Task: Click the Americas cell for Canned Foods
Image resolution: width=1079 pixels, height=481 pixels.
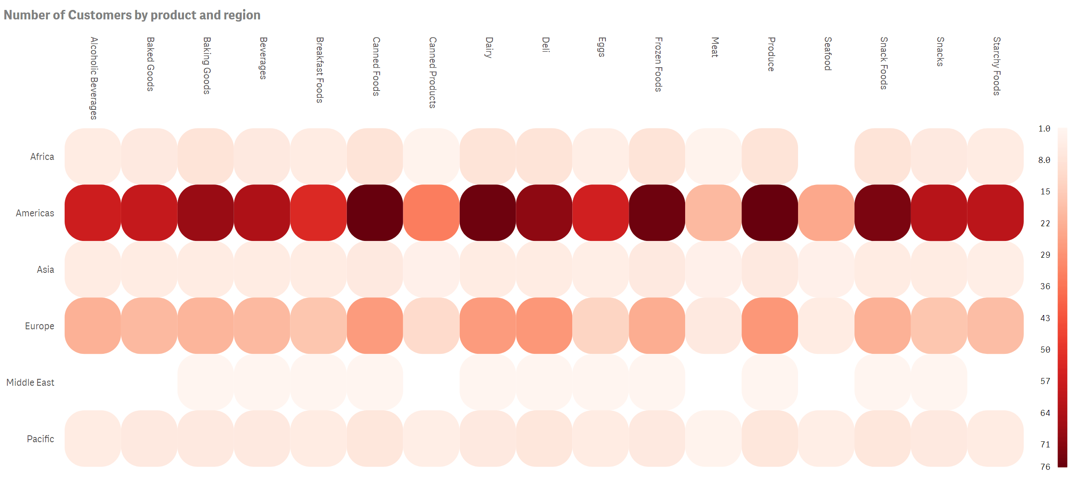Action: [x=375, y=213]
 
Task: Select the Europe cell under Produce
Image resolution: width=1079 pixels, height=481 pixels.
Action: [x=770, y=326]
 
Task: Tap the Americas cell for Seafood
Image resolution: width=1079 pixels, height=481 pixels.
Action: [x=826, y=213]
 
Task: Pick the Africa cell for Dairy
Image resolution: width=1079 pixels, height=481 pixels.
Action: [x=488, y=156]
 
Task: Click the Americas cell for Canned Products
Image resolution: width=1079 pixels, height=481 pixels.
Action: [x=431, y=213]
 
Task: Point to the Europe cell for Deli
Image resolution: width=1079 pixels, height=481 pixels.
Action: [x=544, y=326]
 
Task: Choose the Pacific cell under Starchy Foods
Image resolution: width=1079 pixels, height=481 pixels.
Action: [x=995, y=439]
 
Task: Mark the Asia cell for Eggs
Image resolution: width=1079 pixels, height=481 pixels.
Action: [x=601, y=269]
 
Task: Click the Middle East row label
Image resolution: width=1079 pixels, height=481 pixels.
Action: [x=30, y=383]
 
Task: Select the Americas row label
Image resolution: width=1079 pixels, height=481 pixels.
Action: [x=35, y=213]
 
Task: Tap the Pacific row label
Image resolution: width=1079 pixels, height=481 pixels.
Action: [x=41, y=439]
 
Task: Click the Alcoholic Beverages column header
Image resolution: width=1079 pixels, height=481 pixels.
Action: [x=94, y=78]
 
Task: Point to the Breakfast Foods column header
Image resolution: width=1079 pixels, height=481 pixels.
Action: [x=319, y=70]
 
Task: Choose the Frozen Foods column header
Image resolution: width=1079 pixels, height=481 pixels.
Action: [x=658, y=64]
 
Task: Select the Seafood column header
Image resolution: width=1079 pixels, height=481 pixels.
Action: [x=827, y=54]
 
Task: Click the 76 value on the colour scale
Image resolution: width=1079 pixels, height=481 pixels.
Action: [x=1045, y=467]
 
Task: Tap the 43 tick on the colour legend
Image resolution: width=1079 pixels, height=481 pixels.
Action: [x=1045, y=318]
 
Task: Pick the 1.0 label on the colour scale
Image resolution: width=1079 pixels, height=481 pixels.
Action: [x=1044, y=129]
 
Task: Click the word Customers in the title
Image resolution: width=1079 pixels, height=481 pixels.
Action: [x=100, y=15]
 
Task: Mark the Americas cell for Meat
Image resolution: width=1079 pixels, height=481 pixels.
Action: [x=713, y=213]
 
